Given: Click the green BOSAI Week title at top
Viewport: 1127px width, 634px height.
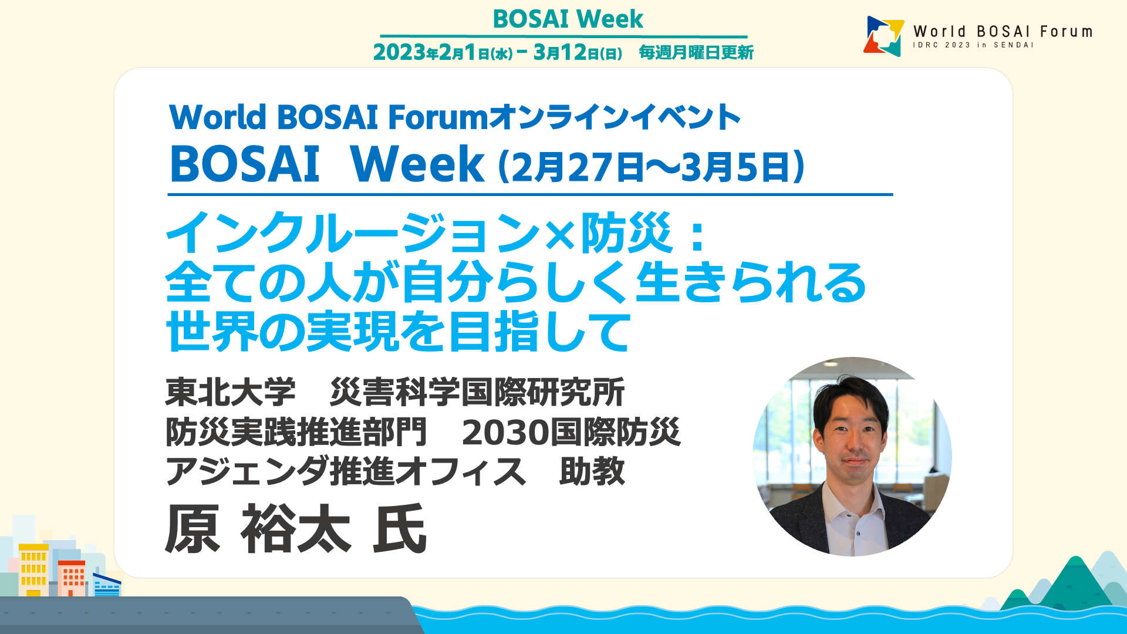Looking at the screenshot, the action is pyautogui.click(x=568, y=19).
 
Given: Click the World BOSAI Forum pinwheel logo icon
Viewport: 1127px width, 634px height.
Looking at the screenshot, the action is pyautogui.click(x=884, y=36).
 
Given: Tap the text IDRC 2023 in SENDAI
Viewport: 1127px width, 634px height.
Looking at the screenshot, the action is pyautogui.click(x=973, y=45).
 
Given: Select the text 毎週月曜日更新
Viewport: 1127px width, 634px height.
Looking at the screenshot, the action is pyautogui.click(x=696, y=52).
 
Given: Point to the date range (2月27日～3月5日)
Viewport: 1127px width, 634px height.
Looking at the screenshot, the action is pyautogui.click(x=651, y=167).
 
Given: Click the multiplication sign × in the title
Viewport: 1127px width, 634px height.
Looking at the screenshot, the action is pyautogui.click(x=560, y=234).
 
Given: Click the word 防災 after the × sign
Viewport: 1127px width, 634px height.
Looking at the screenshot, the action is pyautogui.click(x=626, y=233).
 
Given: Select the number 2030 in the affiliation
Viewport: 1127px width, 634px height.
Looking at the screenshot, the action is pyautogui.click(x=505, y=433).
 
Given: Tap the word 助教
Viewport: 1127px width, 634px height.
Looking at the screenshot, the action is pyautogui.click(x=592, y=471).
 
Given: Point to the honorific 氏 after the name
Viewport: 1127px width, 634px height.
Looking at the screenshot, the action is pyautogui.click(x=400, y=529).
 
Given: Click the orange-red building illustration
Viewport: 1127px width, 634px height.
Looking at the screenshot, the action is pyautogui.click(x=72, y=578).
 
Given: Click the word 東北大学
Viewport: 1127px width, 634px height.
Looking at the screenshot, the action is pyautogui.click(x=231, y=392).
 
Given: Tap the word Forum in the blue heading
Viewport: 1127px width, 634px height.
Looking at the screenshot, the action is pyautogui.click(x=438, y=117).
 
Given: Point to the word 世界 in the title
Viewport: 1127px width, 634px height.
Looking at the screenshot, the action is pyautogui.click(x=212, y=332).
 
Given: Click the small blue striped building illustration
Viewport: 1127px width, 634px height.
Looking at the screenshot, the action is pyautogui.click(x=107, y=585).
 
